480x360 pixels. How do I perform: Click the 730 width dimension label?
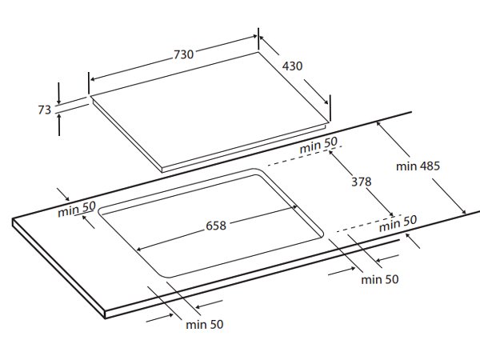click(x=184, y=54)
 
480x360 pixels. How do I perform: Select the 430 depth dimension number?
click(x=292, y=66)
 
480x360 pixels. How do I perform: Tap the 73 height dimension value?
click(x=44, y=110)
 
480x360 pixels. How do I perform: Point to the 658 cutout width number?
click(x=216, y=226)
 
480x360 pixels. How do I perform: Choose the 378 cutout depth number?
click(x=362, y=182)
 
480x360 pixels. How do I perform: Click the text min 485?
click(x=418, y=166)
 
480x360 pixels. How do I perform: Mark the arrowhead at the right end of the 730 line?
click(x=254, y=37)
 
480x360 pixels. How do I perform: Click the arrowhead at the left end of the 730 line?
click(x=94, y=79)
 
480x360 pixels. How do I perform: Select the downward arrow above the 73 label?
click(x=59, y=93)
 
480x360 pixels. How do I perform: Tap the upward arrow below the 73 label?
click(x=59, y=124)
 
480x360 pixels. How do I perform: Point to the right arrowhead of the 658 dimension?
click(x=294, y=207)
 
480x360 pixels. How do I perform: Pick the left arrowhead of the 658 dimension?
click(x=138, y=249)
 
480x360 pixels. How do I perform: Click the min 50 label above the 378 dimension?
click(x=318, y=145)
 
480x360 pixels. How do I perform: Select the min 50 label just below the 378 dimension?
click(x=398, y=223)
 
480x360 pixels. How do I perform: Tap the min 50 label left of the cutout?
click(x=77, y=209)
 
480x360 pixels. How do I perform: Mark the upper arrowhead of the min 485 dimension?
click(x=379, y=124)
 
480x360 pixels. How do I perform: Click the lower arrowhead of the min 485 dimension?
click(x=463, y=211)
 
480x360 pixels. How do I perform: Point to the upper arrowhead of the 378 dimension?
click(x=332, y=151)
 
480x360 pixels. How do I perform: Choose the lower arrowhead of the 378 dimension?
click(x=390, y=214)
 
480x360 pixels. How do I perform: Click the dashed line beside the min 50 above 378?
click(x=305, y=155)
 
